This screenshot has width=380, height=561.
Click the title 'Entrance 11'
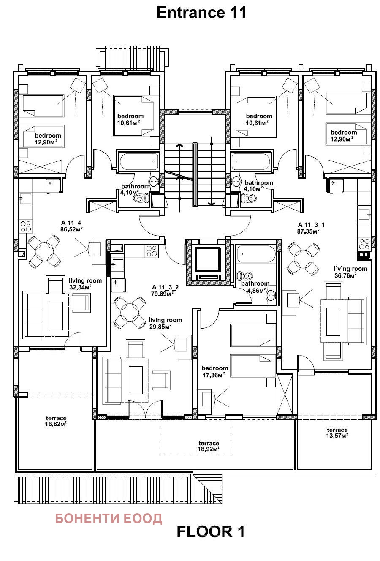coord(201,12)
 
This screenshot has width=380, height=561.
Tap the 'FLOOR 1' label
coord(210,531)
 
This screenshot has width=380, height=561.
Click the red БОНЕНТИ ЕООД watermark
coord(109,518)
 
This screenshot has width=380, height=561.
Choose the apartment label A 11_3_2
coord(165,291)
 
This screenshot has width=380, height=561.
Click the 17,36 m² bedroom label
coord(214,371)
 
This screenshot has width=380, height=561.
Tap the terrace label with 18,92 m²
coord(209,446)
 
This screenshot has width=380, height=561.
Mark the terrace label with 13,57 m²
coord(337,433)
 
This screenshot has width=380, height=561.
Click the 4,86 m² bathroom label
coord(255,287)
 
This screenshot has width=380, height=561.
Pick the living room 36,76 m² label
coord(350,272)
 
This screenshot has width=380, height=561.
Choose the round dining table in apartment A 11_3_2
coord(130,312)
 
